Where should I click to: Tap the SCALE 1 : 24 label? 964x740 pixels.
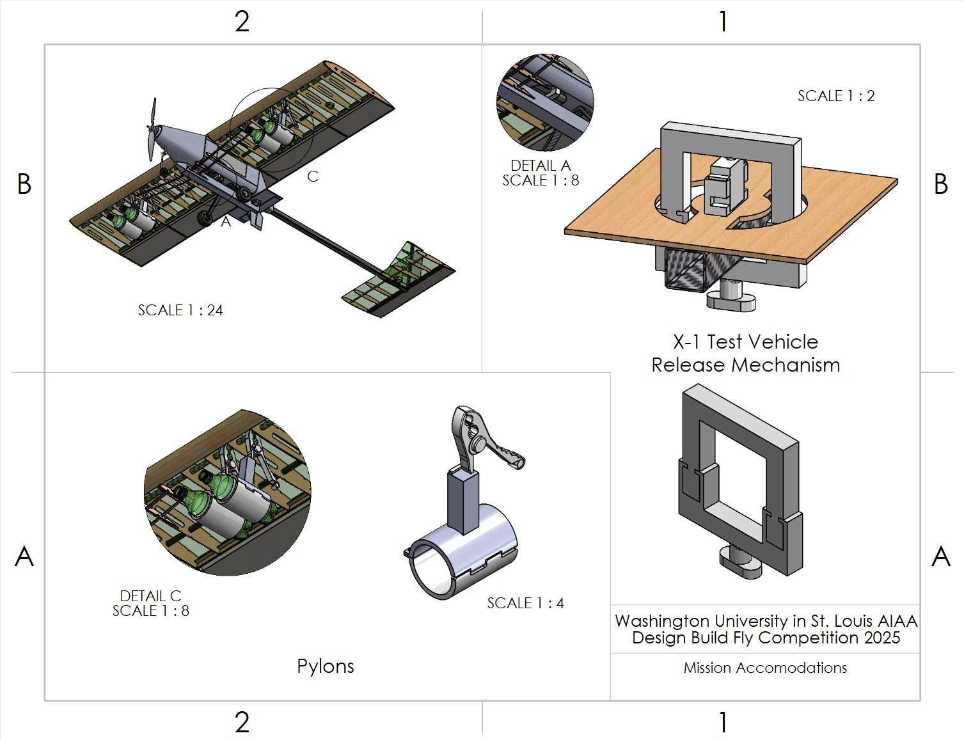pos(180,310)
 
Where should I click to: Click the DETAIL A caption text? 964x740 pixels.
pos(541,166)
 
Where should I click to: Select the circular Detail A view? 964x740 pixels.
pos(545,102)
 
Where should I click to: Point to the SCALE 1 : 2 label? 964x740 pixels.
pos(835,96)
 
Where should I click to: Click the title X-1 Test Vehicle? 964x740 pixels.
pos(745,342)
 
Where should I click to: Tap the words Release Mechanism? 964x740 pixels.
pos(745,365)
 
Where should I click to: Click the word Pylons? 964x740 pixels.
pos(325,666)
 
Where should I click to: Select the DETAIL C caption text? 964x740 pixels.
pos(151,595)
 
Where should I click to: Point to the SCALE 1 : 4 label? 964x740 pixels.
pos(525,603)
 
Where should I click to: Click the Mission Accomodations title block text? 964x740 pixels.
pos(765,668)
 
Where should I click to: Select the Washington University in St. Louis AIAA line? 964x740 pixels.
pos(766,621)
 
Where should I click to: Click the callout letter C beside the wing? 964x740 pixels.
pos(312,177)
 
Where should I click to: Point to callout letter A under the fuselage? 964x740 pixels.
pos(226,222)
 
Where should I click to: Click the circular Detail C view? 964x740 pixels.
pos(227,492)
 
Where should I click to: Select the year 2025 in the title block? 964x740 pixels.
pos(882,638)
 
